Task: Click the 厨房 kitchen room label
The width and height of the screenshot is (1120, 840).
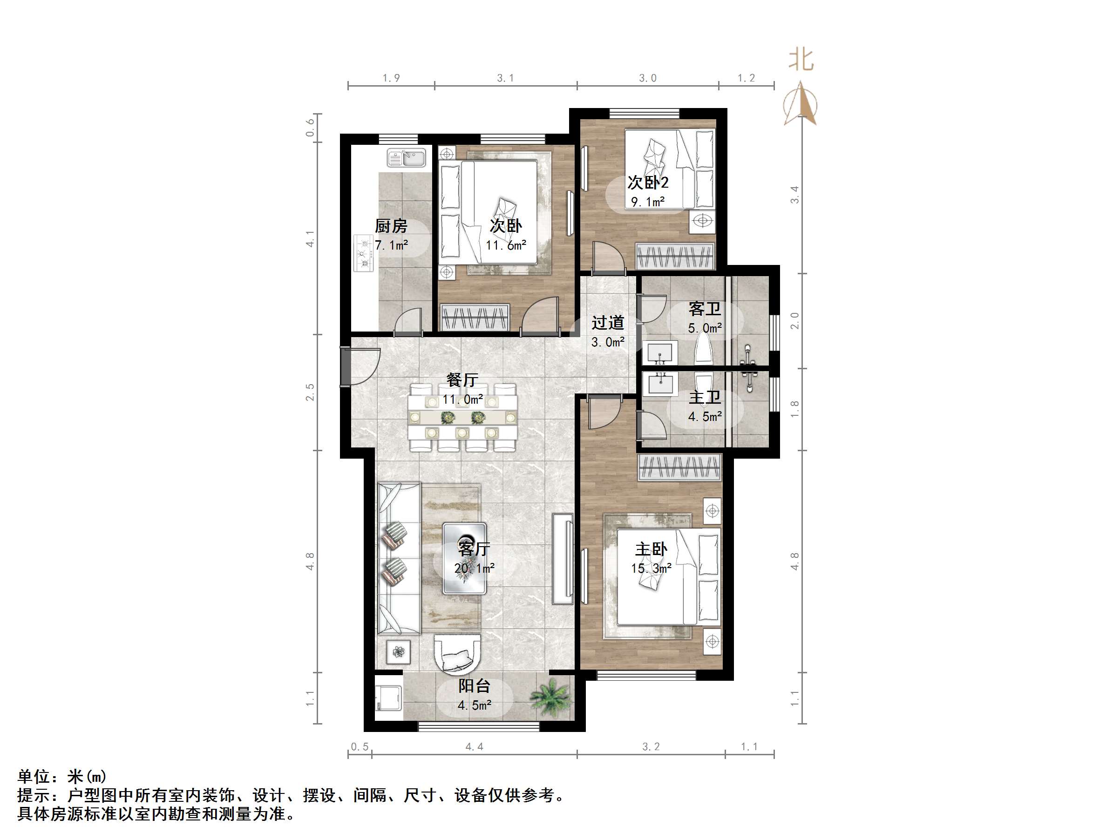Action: [391, 226]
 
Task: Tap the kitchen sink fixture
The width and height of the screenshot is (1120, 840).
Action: [406, 157]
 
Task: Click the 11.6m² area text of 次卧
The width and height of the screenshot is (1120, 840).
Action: [506, 245]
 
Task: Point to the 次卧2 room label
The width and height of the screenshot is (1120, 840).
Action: [648, 182]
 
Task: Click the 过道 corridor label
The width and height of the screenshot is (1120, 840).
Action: [608, 323]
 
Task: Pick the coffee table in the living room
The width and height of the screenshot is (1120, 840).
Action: [464, 558]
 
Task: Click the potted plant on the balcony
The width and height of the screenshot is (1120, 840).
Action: [551, 697]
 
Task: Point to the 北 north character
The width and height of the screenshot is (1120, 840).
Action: [801, 60]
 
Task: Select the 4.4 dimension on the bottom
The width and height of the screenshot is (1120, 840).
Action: [474, 747]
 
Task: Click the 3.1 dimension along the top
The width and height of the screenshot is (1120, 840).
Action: [505, 78]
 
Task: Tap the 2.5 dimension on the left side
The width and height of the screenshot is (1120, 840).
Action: [310, 393]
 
